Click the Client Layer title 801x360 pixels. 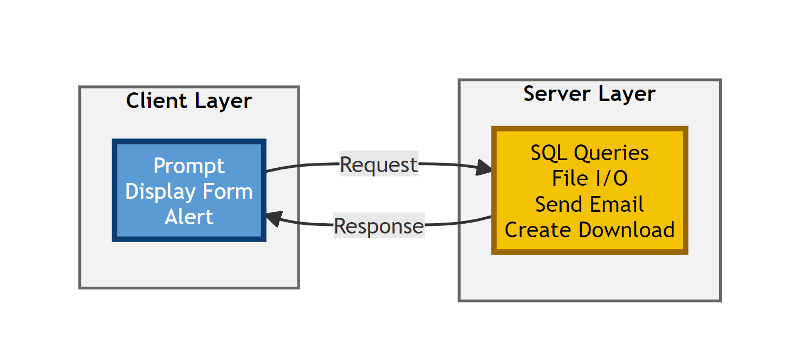click(x=189, y=101)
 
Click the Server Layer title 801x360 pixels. click(x=589, y=94)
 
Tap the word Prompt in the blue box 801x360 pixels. click(x=189, y=166)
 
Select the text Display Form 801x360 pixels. click(x=189, y=192)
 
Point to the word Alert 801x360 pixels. click(x=189, y=217)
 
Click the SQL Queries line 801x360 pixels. click(x=589, y=153)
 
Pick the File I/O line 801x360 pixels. click(x=589, y=179)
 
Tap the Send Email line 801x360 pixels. click(x=589, y=205)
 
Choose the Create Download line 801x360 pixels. click(x=589, y=230)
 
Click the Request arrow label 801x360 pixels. click(x=379, y=164)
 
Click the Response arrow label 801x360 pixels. click(x=378, y=226)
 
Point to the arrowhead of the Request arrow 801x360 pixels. click(x=485, y=168)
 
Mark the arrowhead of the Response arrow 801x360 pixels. click(x=273, y=219)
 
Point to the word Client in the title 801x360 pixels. click(x=154, y=101)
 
